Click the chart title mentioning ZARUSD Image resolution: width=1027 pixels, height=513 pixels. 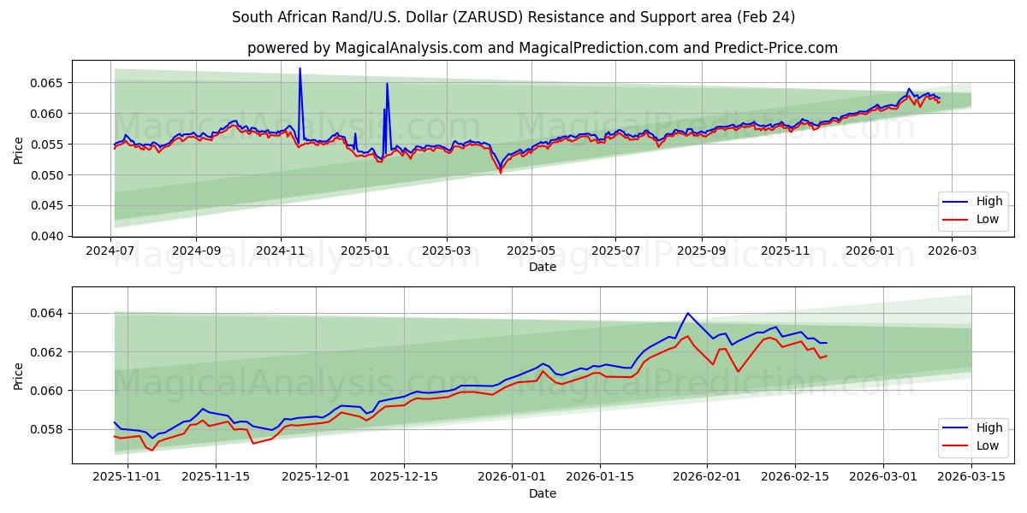[x=513, y=17]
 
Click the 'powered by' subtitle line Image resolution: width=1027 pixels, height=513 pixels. [x=543, y=48]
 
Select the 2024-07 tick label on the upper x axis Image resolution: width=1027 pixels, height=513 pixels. [x=111, y=251]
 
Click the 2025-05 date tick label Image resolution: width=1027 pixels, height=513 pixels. [x=531, y=251]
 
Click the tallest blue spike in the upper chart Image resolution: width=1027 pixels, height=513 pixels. [x=300, y=68]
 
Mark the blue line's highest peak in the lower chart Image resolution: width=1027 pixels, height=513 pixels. [x=687, y=313]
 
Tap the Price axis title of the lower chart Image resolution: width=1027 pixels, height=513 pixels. [x=19, y=375]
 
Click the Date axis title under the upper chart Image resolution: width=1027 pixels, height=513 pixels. [x=543, y=267]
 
